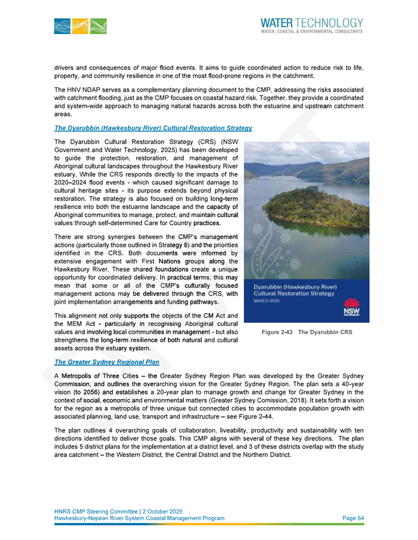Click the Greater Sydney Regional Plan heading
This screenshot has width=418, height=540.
pyautogui.click(x=107, y=362)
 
